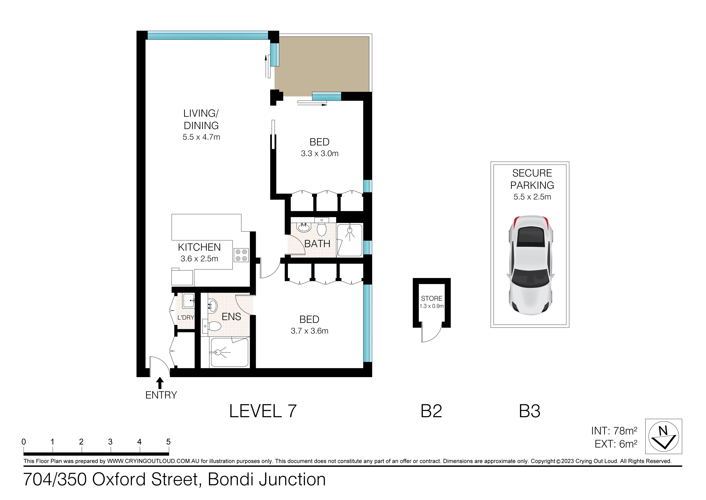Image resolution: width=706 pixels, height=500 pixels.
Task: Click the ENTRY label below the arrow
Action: (x=161, y=395)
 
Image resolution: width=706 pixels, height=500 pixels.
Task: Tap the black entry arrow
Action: (x=160, y=383)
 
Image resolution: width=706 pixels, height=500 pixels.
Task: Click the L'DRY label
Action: (x=185, y=317)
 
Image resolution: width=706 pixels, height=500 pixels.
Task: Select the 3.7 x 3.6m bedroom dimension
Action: (x=309, y=331)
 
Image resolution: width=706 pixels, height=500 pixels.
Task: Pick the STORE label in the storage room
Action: (x=431, y=298)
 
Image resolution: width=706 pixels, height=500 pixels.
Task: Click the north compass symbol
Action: (x=663, y=436)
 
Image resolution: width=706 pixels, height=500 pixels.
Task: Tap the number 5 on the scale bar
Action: (x=168, y=442)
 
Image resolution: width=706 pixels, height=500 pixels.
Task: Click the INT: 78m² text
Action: (x=614, y=431)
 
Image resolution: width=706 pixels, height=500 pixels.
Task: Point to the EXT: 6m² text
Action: (x=616, y=444)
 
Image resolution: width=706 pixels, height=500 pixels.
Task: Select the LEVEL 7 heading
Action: (x=263, y=411)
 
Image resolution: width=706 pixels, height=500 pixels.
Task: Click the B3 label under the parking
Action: (x=529, y=411)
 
